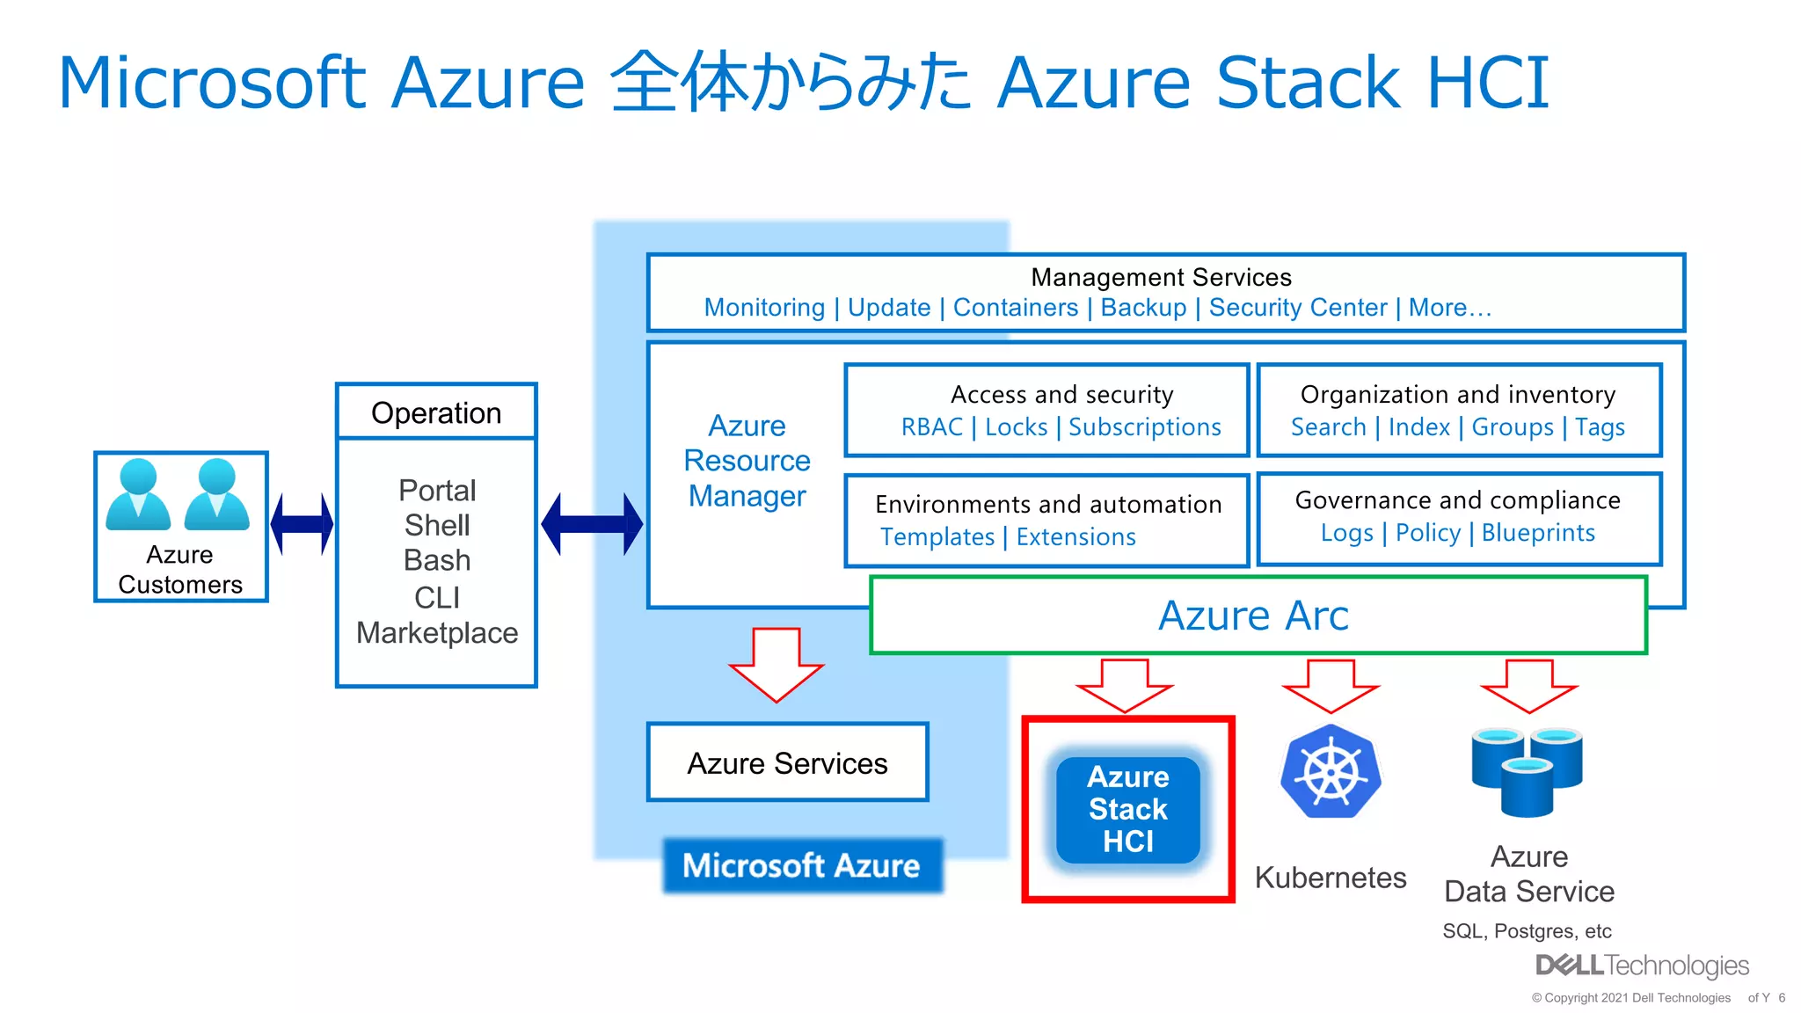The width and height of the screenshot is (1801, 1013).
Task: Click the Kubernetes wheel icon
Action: (x=1331, y=771)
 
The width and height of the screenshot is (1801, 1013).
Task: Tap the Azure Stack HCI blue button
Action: (x=1128, y=809)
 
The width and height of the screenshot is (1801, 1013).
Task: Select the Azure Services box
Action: (x=788, y=762)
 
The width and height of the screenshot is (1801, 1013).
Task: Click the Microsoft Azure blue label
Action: (x=802, y=865)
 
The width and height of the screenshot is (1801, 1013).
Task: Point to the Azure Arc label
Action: (x=1253, y=616)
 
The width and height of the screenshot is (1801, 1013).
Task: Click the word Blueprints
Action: (x=1538, y=533)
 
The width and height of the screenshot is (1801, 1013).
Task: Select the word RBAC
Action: (x=932, y=427)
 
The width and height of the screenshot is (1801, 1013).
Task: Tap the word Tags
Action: (x=1600, y=428)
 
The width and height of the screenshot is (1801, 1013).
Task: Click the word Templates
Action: (x=937, y=537)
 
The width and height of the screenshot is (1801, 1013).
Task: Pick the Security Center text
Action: (x=1298, y=308)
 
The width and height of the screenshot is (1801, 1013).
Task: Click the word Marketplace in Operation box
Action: (x=437, y=633)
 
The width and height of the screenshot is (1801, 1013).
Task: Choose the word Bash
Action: (x=437, y=560)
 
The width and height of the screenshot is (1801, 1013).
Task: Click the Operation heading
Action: (x=436, y=413)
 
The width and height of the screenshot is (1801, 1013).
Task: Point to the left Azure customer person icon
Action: (x=138, y=494)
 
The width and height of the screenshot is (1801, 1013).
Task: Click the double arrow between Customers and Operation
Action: (x=302, y=524)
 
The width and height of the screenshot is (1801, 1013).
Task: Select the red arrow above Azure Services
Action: (x=777, y=665)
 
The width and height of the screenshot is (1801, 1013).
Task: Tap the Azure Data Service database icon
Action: (x=1528, y=769)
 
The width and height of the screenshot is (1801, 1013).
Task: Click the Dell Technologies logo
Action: (x=1642, y=966)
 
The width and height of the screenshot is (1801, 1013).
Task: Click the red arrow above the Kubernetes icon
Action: (x=1331, y=686)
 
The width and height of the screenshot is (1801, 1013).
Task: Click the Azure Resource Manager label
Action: (x=747, y=461)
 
